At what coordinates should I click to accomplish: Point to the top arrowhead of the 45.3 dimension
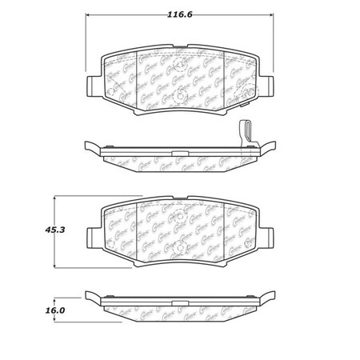[54, 196]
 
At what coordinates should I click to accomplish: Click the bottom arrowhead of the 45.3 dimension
[54, 266]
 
